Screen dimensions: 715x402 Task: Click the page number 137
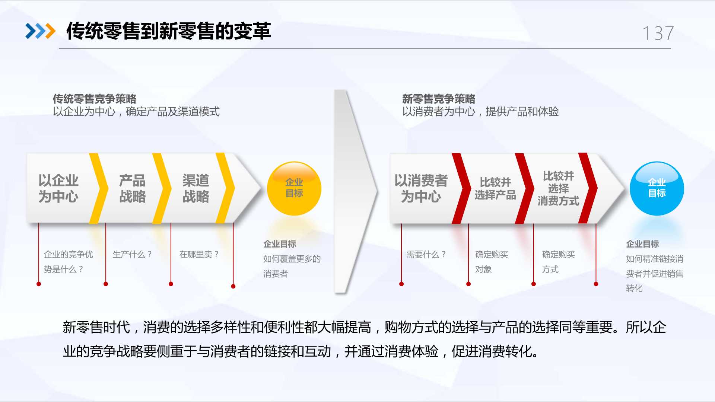[x=658, y=33]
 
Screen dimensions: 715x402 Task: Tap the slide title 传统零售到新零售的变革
[x=168, y=31]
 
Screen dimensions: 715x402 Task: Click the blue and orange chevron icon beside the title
[x=40, y=31]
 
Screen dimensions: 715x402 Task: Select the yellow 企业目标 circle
[x=294, y=188]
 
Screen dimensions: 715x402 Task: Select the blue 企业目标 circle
[x=657, y=188]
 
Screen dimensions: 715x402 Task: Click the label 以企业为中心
[x=58, y=188]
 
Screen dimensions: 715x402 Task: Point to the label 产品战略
[x=133, y=188]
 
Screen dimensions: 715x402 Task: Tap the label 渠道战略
[x=196, y=188]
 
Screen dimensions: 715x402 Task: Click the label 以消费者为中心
[x=421, y=188]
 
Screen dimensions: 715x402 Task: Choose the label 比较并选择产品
[x=495, y=188]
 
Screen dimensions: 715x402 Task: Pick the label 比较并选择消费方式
[x=558, y=188]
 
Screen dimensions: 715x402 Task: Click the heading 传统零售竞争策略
[x=95, y=99]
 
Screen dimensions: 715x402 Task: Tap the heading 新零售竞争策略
[x=439, y=99]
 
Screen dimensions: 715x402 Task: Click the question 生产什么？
[x=132, y=254]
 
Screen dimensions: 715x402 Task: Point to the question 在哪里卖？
[x=199, y=254]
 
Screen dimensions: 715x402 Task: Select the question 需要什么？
[x=426, y=254]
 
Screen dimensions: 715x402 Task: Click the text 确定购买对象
[x=492, y=262]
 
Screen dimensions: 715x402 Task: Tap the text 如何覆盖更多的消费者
[x=292, y=266]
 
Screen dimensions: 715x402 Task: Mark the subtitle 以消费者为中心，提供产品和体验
[x=480, y=112]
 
